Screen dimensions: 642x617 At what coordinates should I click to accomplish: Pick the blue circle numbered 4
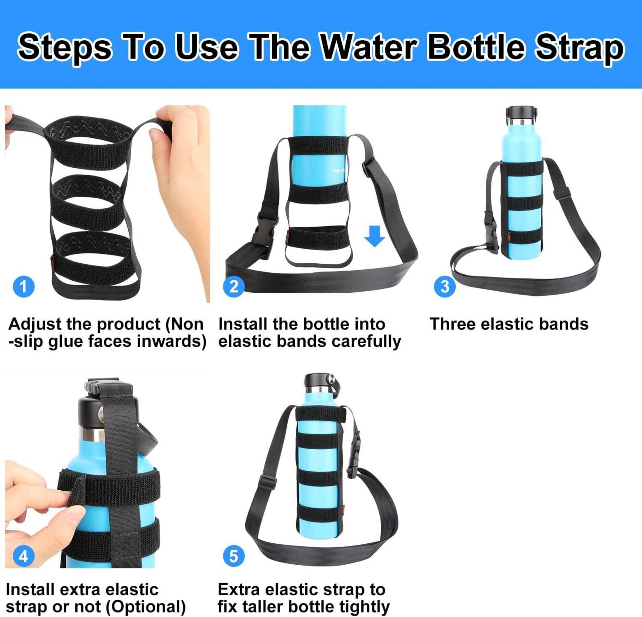23,556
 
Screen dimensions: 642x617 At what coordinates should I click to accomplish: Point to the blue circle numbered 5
234,556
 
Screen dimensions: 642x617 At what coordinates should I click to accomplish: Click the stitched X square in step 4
126,547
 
